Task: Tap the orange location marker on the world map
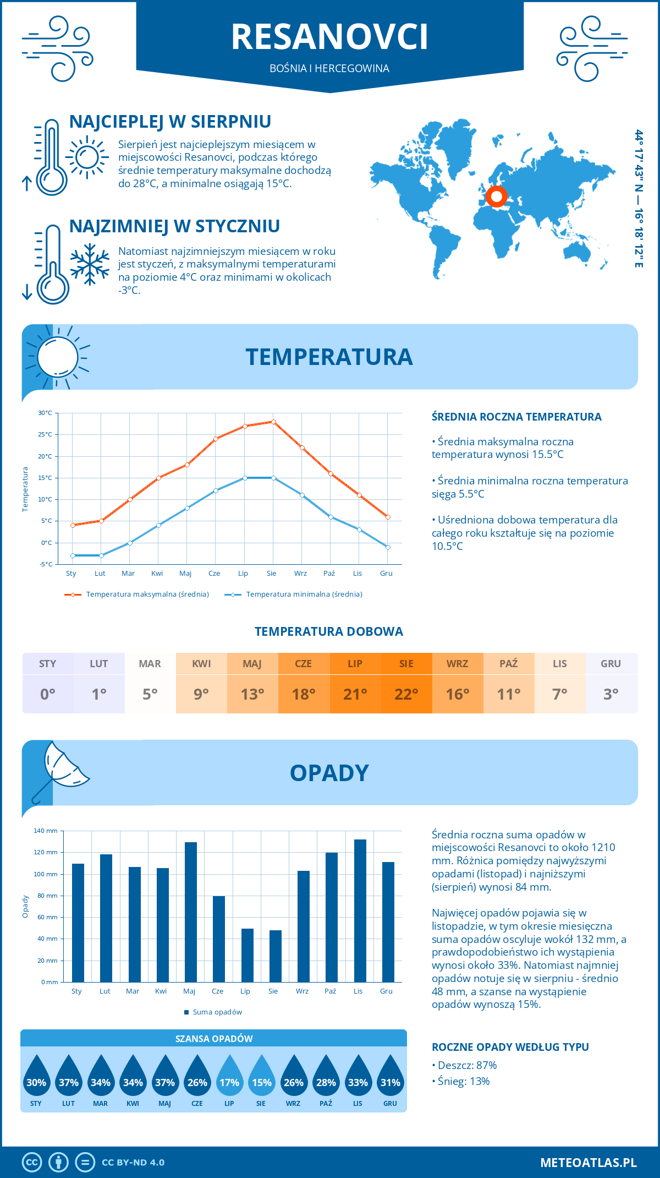(x=496, y=196)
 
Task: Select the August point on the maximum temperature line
(x=273, y=422)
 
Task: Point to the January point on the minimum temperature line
(x=73, y=555)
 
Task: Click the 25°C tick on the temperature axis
(x=45, y=434)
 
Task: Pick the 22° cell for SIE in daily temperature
(x=406, y=694)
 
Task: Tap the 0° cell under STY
(x=48, y=694)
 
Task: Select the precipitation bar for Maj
(x=190, y=912)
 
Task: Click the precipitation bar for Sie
(x=275, y=956)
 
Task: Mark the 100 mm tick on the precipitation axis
(x=46, y=874)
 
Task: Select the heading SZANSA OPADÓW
(x=213, y=1039)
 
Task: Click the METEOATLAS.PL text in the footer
(x=588, y=1163)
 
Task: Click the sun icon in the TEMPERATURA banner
(x=57, y=357)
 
